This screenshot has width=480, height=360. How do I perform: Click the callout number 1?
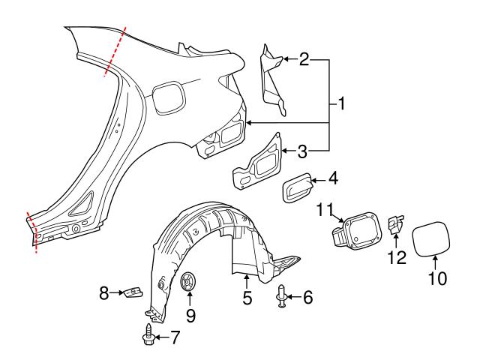click(x=341, y=105)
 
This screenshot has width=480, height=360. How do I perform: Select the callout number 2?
click(x=304, y=59)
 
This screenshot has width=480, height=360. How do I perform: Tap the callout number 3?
click(x=302, y=151)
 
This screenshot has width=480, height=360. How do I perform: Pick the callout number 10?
click(x=437, y=278)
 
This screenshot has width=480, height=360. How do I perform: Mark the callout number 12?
click(x=396, y=257)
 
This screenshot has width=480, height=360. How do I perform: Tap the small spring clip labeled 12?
click(x=396, y=226)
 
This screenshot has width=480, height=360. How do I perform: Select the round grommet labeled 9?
click(x=190, y=283)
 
